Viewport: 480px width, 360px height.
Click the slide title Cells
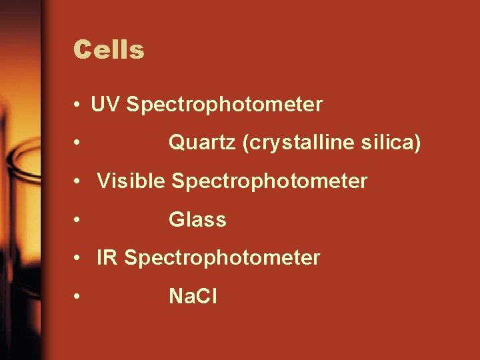[109, 50]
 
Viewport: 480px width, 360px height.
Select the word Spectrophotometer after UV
[224, 105]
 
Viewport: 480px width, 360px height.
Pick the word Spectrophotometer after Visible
[269, 181]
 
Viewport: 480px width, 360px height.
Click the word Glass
[197, 219]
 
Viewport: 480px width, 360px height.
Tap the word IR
[107, 257]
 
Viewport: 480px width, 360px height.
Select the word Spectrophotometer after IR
[222, 258]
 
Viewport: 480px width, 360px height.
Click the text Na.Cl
[193, 296]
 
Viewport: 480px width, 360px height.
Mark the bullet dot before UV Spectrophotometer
[79, 105]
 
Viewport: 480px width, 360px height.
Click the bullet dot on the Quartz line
[79, 143]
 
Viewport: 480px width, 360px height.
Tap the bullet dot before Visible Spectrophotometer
[79, 181]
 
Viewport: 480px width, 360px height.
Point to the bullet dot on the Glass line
[79, 220]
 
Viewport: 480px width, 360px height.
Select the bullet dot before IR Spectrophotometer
[79, 258]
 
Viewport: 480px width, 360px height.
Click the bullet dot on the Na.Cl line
[79, 297]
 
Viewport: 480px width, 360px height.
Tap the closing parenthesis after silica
[417, 143]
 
